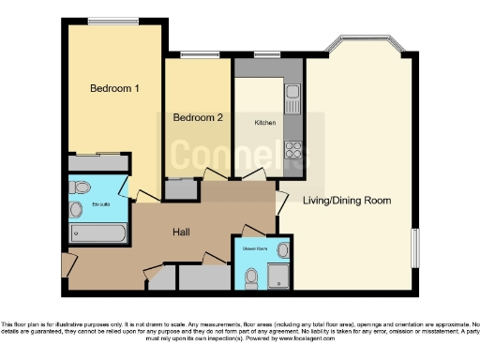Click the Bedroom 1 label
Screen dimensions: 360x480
pyautogui.click(x=114, y=89)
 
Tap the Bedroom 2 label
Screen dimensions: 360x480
pyautogui.click(x=198, y=118)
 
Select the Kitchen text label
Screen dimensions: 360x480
pyautogui.click(x=265, y=123)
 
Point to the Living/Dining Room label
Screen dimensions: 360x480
pyautogui.click(x=346, y=201)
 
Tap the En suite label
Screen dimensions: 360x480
pyautogui.click(x=100, y=203)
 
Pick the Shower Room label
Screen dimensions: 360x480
pyautogui.click(x=255, y=249)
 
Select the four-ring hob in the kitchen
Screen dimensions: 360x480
pyautogui.click(x=292, y=151)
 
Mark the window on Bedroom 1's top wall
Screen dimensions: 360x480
pyautogui.click(x=114, y=22)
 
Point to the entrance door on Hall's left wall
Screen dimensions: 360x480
pyautogui.click(x=66, y=264)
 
